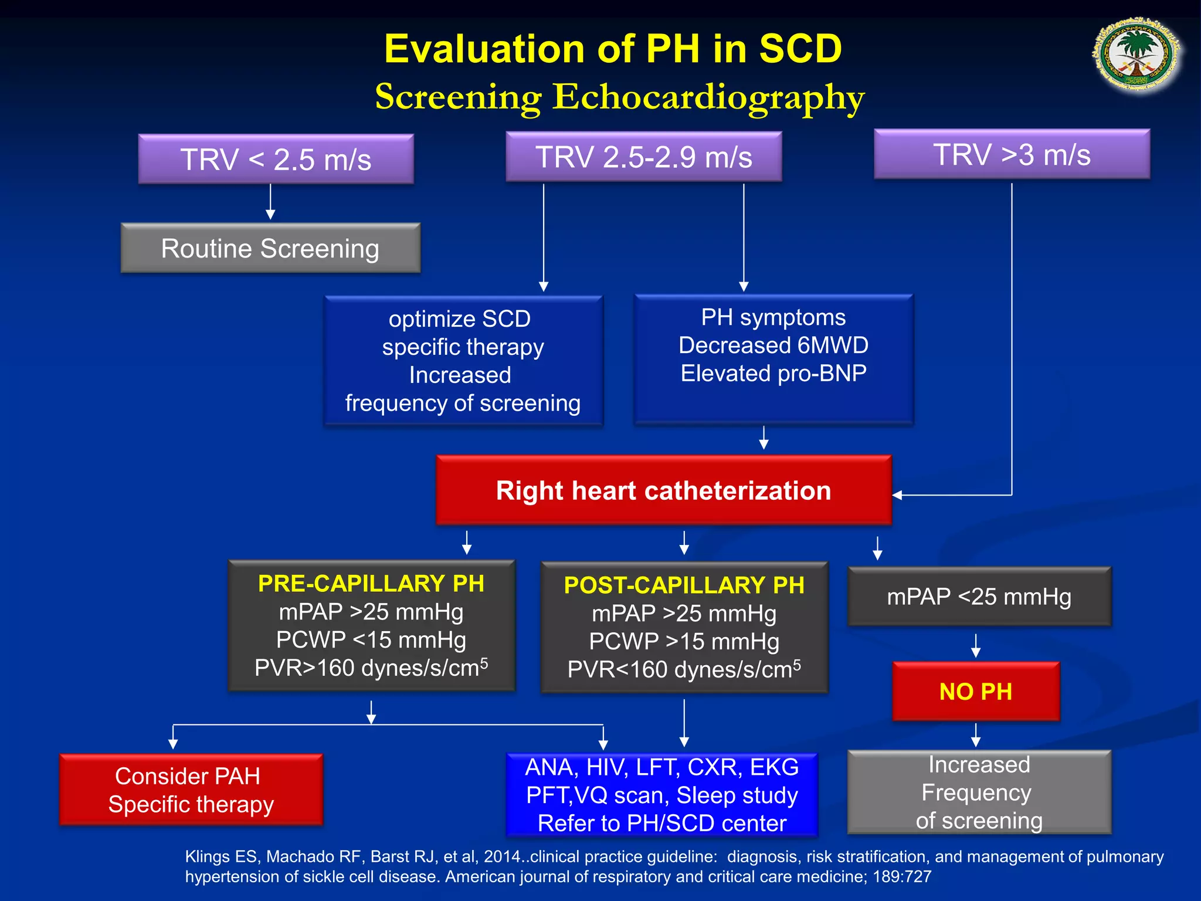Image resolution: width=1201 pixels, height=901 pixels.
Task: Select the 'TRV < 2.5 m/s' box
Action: point(276,160)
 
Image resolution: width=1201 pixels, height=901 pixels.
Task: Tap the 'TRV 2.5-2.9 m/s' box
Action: point(643,157)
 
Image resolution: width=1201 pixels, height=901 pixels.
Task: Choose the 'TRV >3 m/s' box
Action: point(1012,155)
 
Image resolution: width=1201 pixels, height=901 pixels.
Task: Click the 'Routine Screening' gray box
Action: point(270,248)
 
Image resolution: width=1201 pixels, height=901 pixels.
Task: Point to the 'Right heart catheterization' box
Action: point(663,490)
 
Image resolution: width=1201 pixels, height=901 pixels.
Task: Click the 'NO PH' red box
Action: point(976,692)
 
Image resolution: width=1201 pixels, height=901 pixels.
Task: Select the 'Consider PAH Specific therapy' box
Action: point(191,790)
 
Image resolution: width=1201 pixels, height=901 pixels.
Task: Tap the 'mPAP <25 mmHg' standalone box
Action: point(979,597)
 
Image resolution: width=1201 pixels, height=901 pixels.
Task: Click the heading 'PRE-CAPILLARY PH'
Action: point(371,584)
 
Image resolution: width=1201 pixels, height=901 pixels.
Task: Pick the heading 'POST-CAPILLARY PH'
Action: point(684,585)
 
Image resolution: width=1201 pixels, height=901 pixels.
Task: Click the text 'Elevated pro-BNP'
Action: point(773,374)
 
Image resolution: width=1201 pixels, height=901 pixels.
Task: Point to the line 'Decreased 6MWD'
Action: point(773,346)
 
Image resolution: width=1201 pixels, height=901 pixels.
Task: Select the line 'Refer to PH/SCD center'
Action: point(662,824)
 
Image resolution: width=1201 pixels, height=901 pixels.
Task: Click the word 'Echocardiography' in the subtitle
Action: point(708,97)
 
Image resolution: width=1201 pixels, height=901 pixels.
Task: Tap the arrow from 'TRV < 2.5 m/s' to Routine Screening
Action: point(270,202)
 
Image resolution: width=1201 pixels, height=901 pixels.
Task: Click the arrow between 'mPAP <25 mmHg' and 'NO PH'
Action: point(976,645)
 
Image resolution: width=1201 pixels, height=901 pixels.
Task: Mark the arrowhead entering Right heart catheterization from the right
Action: point(898,495)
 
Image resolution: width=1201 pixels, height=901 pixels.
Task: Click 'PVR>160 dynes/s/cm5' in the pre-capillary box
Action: point(371,668)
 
